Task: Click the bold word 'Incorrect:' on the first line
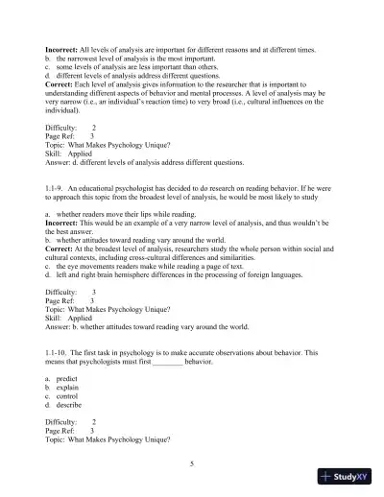tap(64, 46)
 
